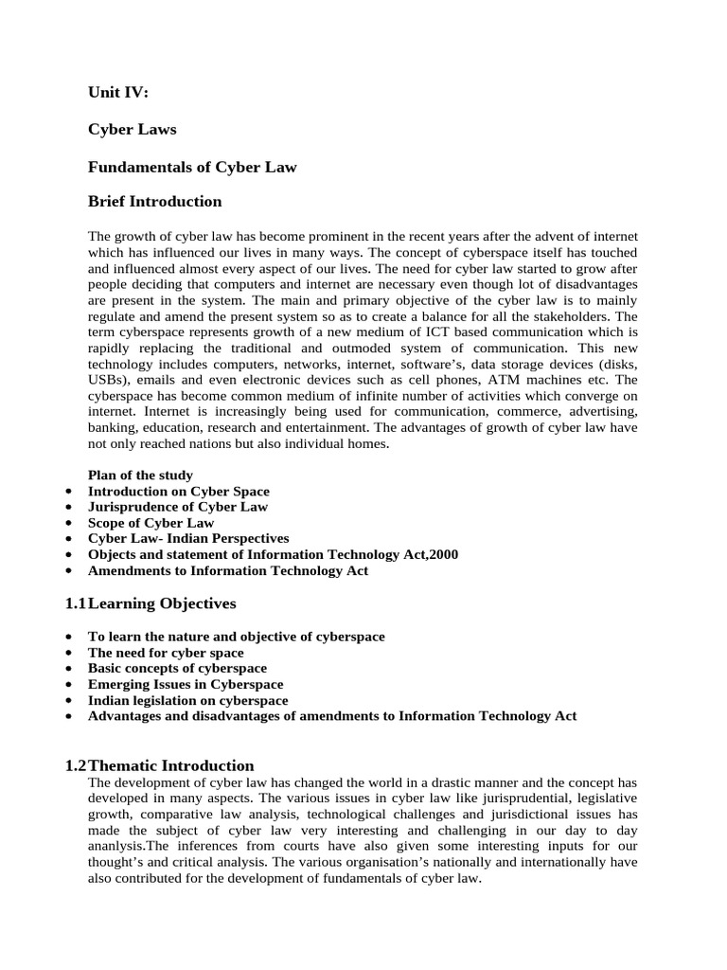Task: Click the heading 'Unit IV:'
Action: click(118, 92)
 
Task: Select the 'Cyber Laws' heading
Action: click(132, 129)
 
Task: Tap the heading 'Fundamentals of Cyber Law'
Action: click(192, 167)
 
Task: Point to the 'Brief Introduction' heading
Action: click(154, 201)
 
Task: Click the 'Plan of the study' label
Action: click(140, 476)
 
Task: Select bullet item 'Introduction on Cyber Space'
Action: click(178, 492)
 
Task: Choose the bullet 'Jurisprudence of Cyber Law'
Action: click(177, 508)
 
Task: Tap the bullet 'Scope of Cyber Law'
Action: click(151, 523)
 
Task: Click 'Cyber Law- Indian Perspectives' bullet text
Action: click(188, 539)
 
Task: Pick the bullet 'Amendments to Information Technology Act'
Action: click(228, 571)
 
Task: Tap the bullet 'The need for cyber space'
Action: click(166, 653)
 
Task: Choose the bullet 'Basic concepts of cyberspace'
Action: click(177, 669)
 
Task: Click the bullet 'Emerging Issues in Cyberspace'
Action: click(186, 684)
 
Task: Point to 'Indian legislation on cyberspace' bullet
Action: click(187, 700)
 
